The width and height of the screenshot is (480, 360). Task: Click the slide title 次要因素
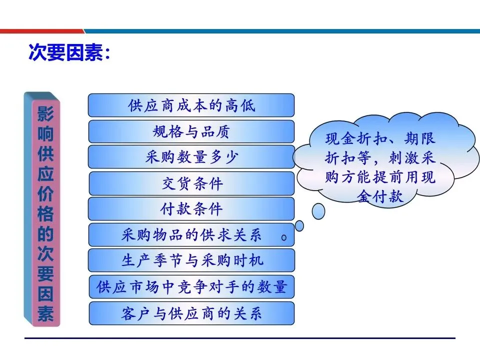68,52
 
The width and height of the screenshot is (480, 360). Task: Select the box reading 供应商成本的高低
191,105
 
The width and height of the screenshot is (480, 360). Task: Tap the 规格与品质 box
191,131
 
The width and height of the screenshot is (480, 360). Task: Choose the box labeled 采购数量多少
191,157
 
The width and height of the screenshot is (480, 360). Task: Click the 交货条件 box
191,183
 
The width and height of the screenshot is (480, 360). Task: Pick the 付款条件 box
191,209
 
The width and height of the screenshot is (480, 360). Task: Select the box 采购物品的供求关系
191,235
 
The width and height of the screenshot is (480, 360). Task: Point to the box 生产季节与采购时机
191,260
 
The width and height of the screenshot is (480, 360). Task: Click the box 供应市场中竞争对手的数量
191,287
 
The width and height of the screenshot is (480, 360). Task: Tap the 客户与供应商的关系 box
191,313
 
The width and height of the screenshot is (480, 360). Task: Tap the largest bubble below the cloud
318,211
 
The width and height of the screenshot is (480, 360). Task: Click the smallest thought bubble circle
284,238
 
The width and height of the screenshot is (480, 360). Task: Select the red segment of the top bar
40,31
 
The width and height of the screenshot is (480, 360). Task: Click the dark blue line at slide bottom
240,338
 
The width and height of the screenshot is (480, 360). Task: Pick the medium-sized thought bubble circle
299,226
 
